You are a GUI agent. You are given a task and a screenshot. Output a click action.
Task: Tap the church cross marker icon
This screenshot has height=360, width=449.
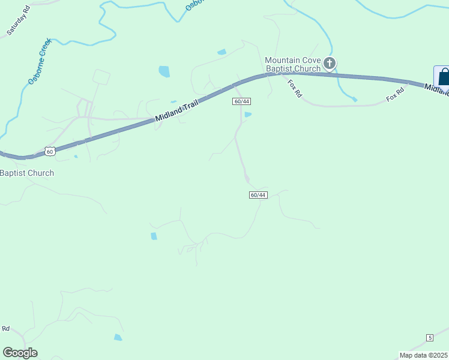coord(329,62)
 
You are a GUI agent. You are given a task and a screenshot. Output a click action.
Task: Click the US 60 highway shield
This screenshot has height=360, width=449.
coord(50,151)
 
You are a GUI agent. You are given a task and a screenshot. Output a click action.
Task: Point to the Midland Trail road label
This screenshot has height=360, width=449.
coord(178,110)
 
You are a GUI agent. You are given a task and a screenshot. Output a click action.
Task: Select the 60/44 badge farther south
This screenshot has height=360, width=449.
coord(258,195)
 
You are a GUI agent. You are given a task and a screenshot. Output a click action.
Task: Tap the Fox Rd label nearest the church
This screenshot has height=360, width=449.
coord(294,89)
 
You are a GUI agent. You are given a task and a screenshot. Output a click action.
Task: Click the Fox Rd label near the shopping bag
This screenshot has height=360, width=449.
coord(395,94)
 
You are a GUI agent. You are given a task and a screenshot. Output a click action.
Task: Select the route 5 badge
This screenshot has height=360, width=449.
coord(430,338)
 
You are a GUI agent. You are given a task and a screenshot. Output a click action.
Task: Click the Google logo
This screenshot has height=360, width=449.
coord(20,353)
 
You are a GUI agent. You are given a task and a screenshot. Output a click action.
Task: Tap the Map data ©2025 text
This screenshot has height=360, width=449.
coord(423,355)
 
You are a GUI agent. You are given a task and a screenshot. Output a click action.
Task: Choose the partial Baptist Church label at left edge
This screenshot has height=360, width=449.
coord(27,173)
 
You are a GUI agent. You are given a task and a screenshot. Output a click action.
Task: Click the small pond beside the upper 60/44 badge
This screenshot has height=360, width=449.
coord(248,114)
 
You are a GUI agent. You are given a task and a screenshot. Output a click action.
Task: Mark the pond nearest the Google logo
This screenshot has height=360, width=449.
coord(118,337)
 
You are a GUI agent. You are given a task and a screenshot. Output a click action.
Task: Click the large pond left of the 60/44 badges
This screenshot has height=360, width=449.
coord(164,72)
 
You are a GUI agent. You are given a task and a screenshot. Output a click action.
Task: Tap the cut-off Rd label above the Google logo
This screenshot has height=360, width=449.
coord(5,328)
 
